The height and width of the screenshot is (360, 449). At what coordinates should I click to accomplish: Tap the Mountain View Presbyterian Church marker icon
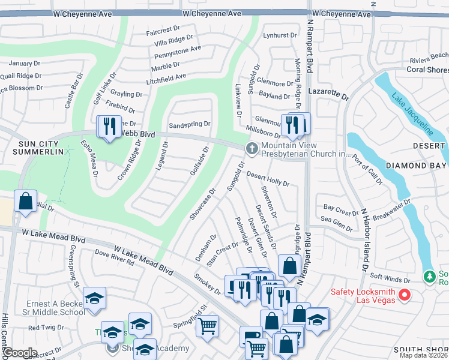pos(252,148)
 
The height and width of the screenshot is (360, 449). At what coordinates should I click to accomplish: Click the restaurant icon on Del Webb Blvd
pos(109,127)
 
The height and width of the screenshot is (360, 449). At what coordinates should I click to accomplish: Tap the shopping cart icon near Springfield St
pos(208,326)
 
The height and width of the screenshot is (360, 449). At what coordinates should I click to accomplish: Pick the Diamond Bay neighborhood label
pos(416,166)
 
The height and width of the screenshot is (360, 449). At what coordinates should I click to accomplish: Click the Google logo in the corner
pos(19,353)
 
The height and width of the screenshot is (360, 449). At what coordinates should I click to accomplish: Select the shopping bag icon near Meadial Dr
pos(26,202)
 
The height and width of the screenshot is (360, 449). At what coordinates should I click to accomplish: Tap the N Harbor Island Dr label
pos(364,240)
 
